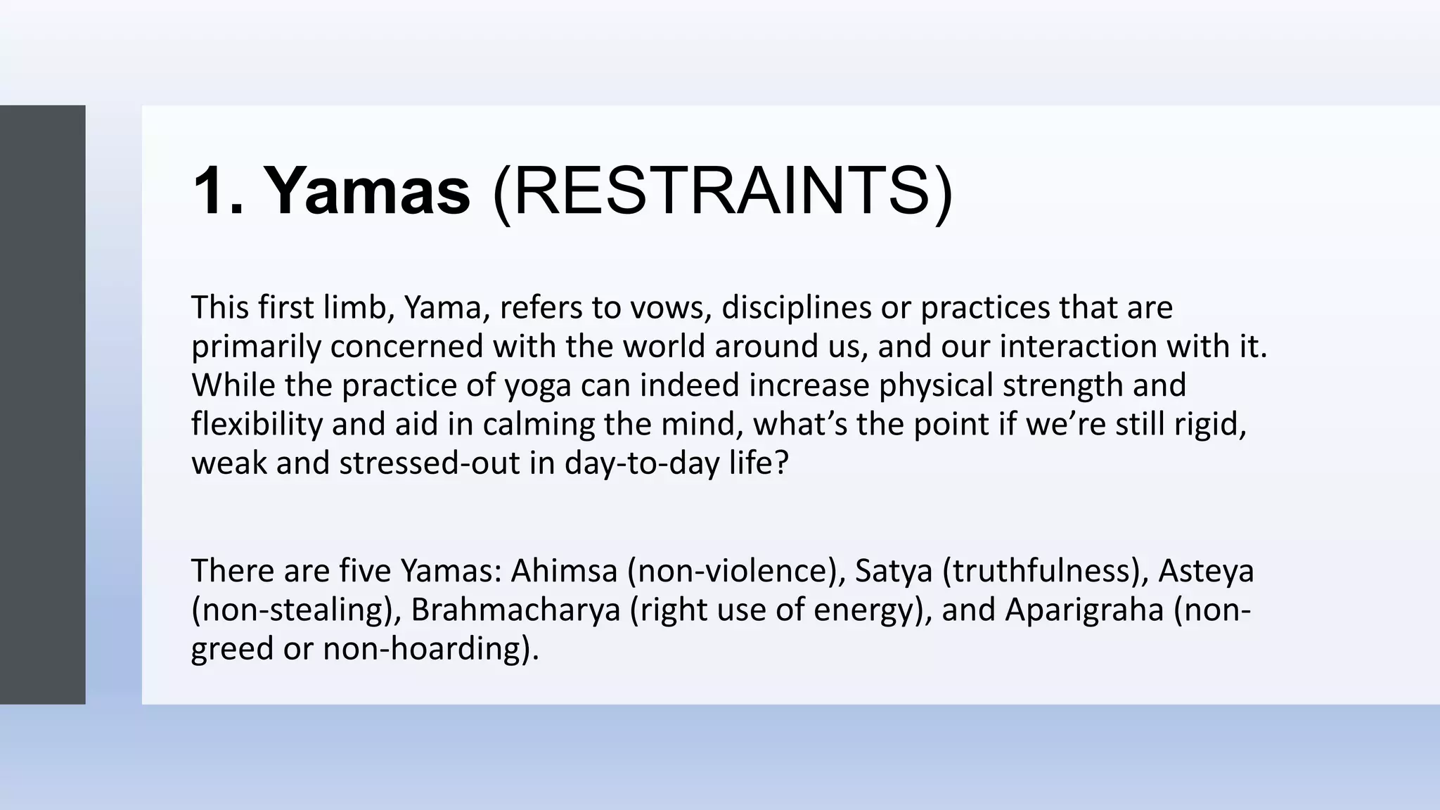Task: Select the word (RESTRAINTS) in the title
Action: (x=723, y=191)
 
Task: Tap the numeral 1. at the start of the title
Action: (x=219, y=191)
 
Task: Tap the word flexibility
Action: (x=257, y=425)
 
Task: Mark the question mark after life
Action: (x=781, y=463)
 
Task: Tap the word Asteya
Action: (x=1206, y=570)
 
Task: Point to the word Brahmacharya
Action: (x=515, y=610)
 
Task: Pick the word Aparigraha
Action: (x=1084, y=610)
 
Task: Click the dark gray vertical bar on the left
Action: (x=42, y=404)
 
